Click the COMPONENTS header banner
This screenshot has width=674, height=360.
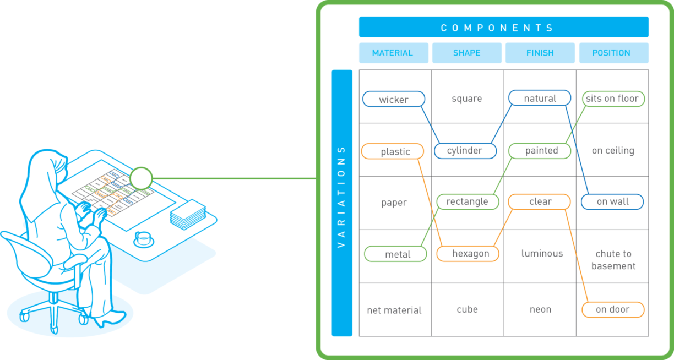coord(503,27)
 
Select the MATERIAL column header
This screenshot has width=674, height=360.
coord(393,53)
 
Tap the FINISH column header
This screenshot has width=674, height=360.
coord(540,53)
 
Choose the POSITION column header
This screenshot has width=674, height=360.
coord(613,53)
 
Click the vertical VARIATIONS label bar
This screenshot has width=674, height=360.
coord(341,203)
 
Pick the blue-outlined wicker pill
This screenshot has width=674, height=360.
coord(393,100)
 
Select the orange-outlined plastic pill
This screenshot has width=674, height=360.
coord(393,152)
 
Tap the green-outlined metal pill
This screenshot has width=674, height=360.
coord(395,254)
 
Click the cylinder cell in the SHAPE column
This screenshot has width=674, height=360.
coord(465,151)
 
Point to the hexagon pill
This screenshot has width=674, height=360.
coord(468,254)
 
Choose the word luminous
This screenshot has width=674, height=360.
coord(542,254)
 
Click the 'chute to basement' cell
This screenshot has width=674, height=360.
coord(613,260)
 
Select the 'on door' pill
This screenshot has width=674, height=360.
coord(613,310)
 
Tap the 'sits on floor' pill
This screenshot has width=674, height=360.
coord(613,99)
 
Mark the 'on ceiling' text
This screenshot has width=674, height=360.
coord(613,151)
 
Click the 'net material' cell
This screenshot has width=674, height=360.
coord(394,310)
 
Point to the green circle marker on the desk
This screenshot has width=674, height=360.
coord(141,178)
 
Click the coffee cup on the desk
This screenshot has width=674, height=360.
coord(143,239)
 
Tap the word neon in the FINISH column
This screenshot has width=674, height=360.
coord(540,310)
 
